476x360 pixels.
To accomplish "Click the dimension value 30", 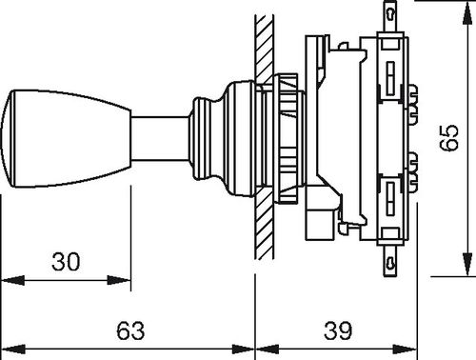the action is click(x=66, y=262).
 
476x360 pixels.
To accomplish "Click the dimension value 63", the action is click(x=130, y=330).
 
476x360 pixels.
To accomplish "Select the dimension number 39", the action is click(x=338, y=330).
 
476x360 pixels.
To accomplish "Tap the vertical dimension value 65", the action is click(x=448, y=137).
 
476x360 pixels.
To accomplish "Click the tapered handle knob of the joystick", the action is click(x=66, y=139).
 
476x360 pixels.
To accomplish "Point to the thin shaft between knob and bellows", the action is click(x=160, y=139).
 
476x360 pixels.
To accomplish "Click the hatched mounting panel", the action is click(x=264, y=137).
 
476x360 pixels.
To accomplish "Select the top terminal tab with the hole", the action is click(x=390, y=16).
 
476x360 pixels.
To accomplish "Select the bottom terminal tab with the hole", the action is click(x=390, y=261).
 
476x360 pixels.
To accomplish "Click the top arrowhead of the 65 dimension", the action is click(x=466, y=12).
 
